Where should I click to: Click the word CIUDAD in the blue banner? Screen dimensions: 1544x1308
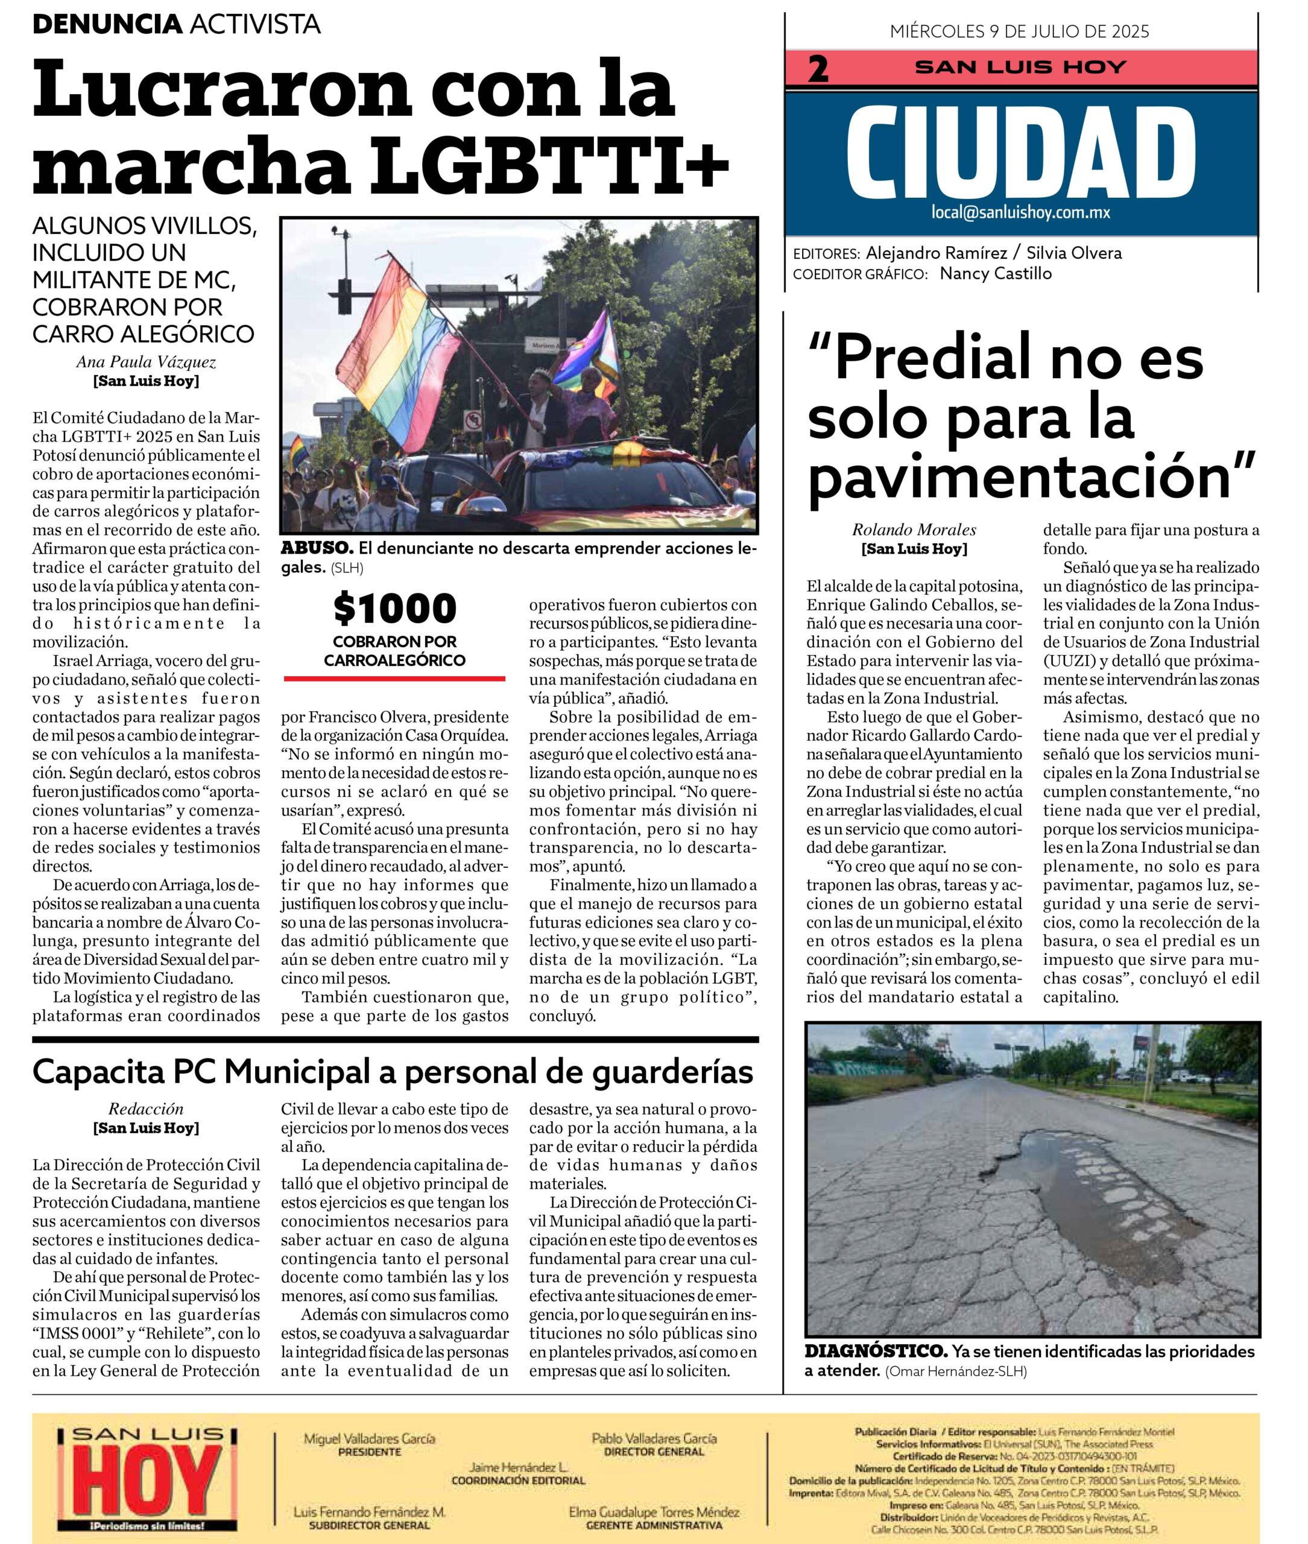pyautogui.click(x=1020, y=153)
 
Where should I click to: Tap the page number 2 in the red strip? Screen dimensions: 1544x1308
pyautogui.click(x=818, y=69)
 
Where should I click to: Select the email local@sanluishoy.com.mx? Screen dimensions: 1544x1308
pyautogui.click(x=1020, y=213)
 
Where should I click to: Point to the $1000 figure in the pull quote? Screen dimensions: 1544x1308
pyautogui.click(x=394, y=608)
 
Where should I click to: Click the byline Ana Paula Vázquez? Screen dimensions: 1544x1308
pyautogui.click(x=146, y=362)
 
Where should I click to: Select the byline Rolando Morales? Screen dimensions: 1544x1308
pyautogui.click(x=914, y=530)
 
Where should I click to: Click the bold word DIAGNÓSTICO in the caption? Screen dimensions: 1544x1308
pyautogui.click(x=876, y=1351)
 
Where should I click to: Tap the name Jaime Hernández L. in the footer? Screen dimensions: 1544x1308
pyautogui.click(x=517, y=1467)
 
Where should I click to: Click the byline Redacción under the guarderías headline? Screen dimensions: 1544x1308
pyautogui.click(x=146, y=1109)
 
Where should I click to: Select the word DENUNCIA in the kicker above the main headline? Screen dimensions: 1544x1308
pyautogui.click(x=107, y=25)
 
